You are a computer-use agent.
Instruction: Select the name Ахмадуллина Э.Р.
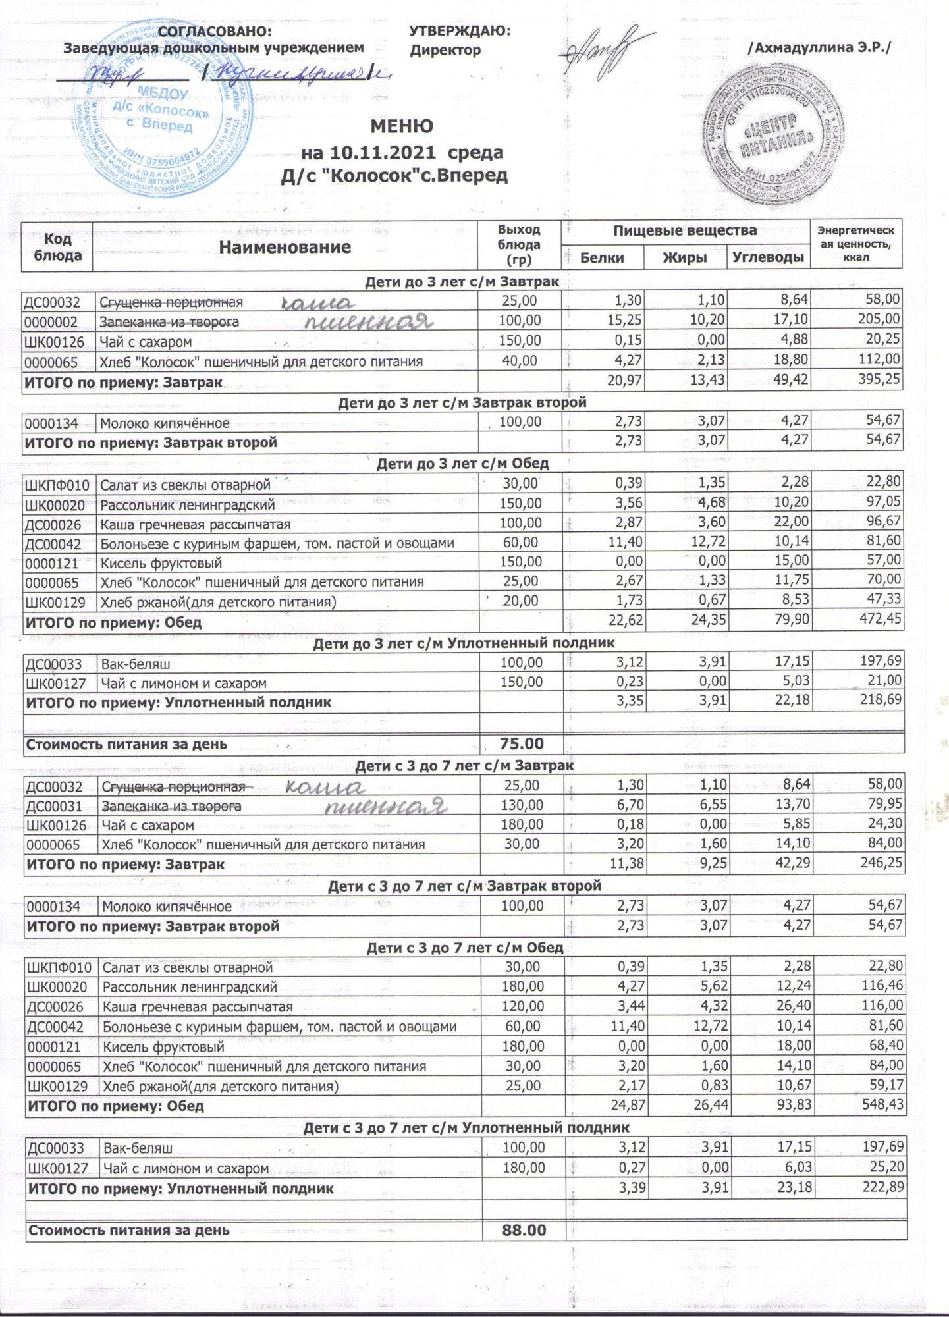pyautogui.click(x=819, y=49)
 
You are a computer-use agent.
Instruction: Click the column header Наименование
pyautogui.click(x=285, y=248)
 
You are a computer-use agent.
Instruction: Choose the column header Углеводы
pyautogui.click(x=768, y=257)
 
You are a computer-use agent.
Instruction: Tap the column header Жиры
pyautogui.click(x=685, y=257)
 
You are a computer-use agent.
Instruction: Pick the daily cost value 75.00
pyautogui.click(x=522, y=744)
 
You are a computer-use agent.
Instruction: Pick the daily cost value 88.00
pyautogui.click(x=524, y=1230)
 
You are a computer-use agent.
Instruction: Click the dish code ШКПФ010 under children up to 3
pyautogui.click(x=58, y=485)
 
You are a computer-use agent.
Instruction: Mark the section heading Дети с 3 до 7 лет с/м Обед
pyautogui.click(x=464, y=948)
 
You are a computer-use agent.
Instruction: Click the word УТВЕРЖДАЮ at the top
pyautogui.click(x=460, y=31)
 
